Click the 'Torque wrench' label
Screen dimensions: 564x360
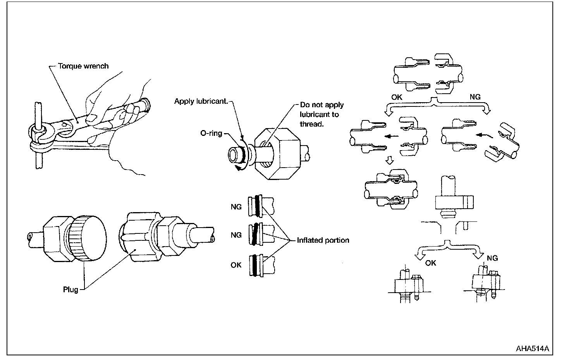(x=83, y=66)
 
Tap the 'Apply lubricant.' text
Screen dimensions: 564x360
(x=201, y=101)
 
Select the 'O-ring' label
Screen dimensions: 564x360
(x=211, y=133)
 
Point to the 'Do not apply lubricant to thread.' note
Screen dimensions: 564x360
(x=322, y=114)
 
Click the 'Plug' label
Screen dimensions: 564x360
(x=70, y=290)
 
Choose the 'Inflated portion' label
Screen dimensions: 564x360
(x=323, y=240)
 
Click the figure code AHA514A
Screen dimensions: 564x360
(x=532, y=348)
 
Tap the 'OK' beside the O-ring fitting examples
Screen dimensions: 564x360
(x=236, y=265)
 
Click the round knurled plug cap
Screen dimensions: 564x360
(x=87, y=238)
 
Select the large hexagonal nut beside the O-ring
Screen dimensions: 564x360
(x=277, y=154)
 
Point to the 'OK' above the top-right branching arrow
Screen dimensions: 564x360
(x=397, y=97)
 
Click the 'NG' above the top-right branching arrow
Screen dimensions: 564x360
(x=475, y=97)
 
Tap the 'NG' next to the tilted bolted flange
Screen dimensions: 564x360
(x=492, y=258)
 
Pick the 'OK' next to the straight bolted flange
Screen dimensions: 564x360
(x=431, y=263)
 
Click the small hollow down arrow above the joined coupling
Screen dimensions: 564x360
(x=390, y=160)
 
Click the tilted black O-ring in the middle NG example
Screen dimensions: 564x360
(x=255, y=234)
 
